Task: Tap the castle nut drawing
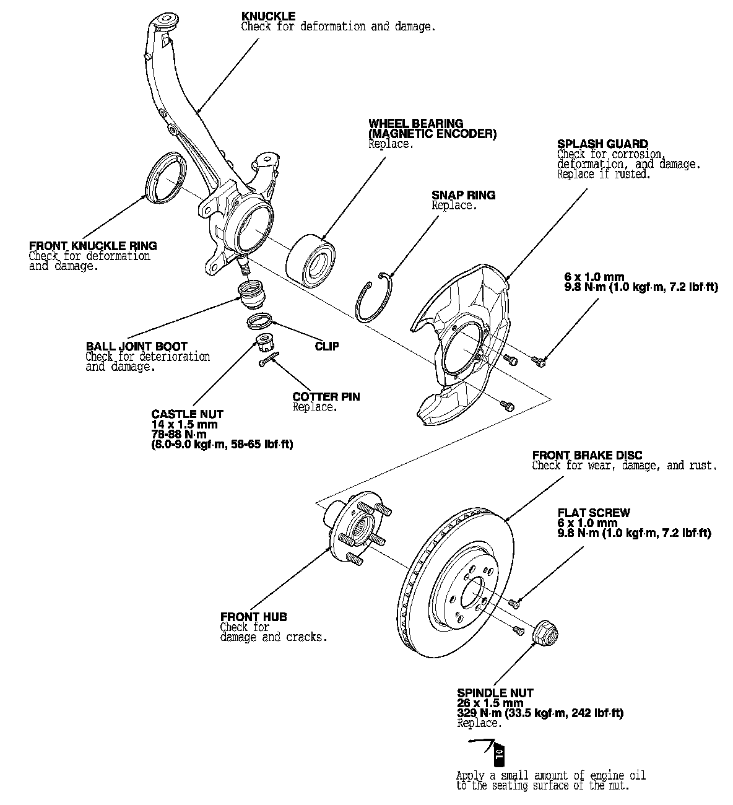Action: point(265,341)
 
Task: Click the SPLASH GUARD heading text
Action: point(602,144)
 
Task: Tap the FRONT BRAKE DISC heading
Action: point(587,456)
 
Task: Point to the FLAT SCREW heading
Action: point(593,513)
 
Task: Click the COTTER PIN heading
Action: point(326,397)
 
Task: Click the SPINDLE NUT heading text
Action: point(495,693)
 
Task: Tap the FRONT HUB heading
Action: point(253,617)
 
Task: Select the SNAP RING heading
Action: point(463,195)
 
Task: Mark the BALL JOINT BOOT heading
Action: point(136,346)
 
